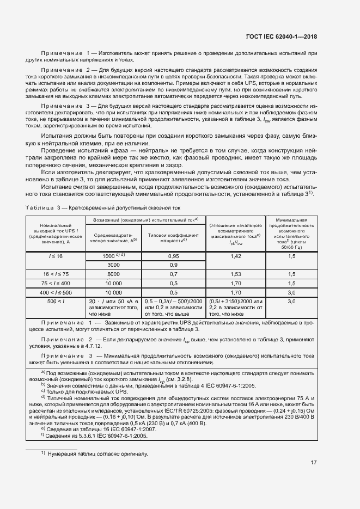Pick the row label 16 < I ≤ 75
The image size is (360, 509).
click(x=56, y=274)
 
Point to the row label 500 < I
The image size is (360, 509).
click(x=56, y=301)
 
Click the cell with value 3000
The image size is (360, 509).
click(x=113, y=265)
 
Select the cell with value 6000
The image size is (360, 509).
click(x=113, y=274)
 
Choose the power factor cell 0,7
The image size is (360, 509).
click(x=174, y=274)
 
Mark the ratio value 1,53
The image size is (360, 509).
click(x=235, y=274)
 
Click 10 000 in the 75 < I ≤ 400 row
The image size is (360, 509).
click(x=113, y=283)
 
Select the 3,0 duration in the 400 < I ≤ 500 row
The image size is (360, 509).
click(x=291, y=292)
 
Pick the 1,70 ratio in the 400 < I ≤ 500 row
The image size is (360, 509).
click(x=235, y=292)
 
